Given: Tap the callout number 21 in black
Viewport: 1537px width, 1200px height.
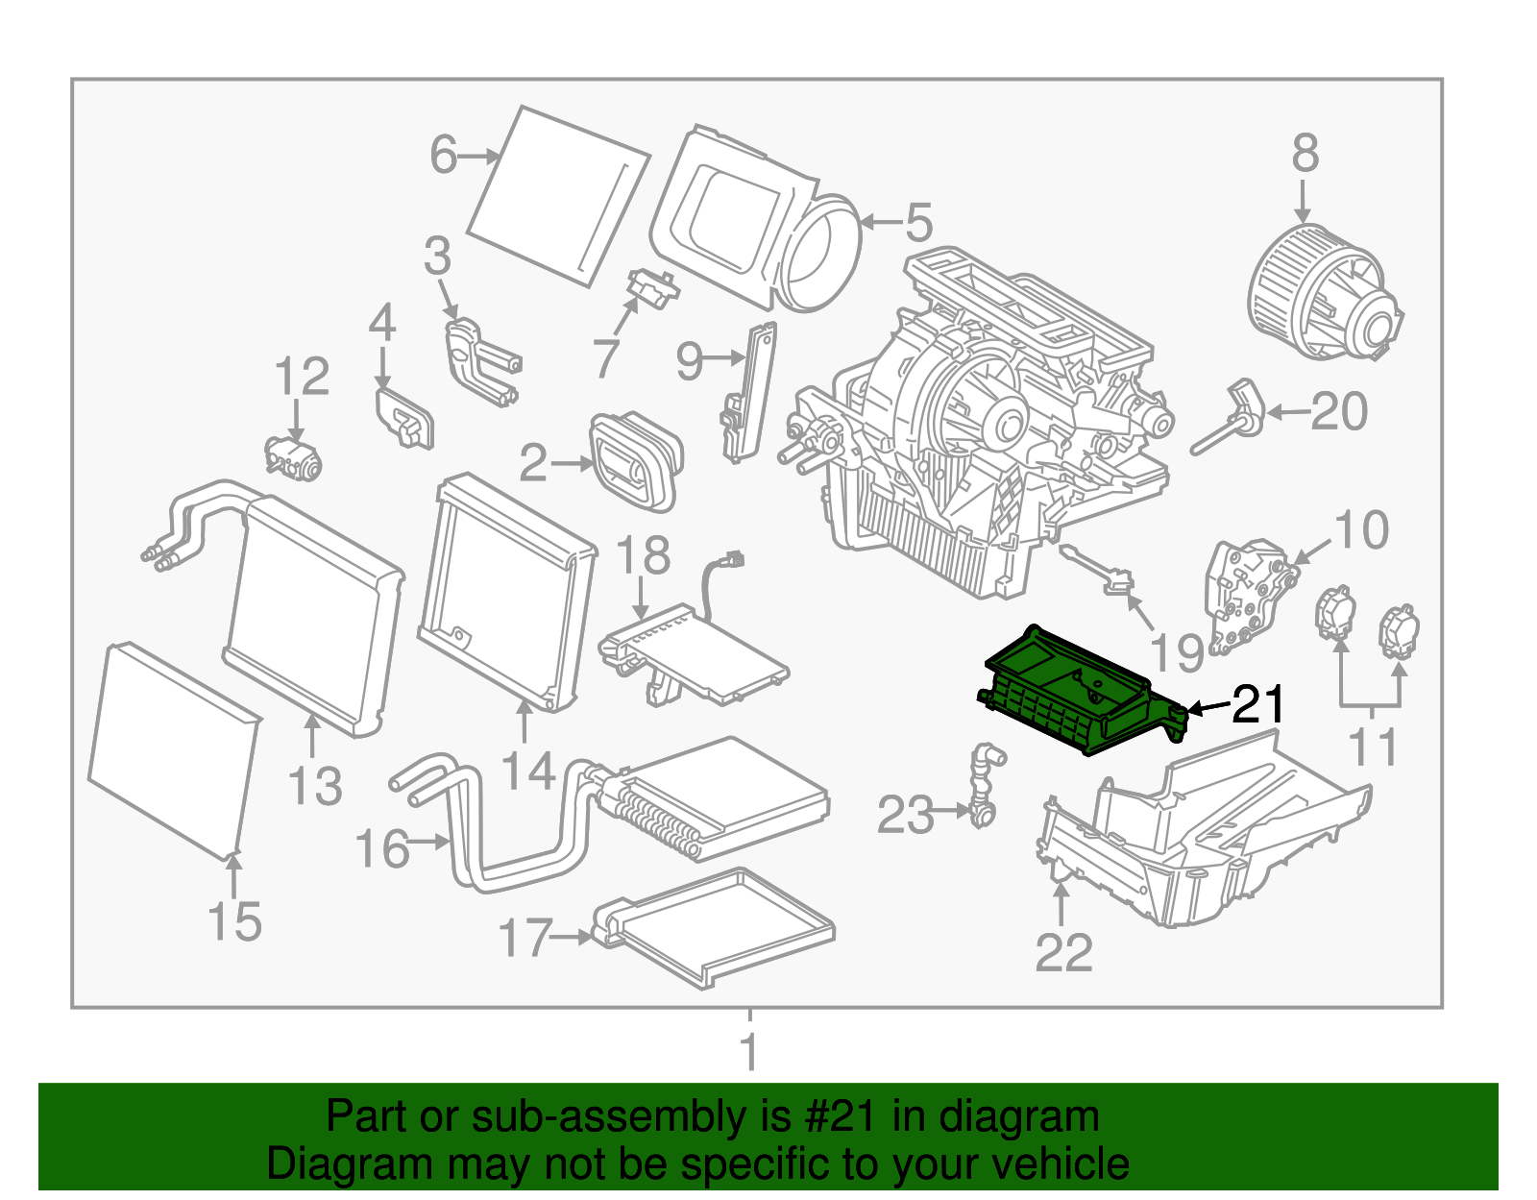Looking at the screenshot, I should pyautogui.click(x=1257, y=705).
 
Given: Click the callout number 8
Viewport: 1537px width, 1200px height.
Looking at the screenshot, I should pyautogui.click(x=1305, y=154).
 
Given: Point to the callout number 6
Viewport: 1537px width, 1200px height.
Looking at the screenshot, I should pyautogui.click(x=443, y=155).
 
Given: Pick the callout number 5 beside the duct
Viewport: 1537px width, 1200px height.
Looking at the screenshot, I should pyautogui.click(x=918, y=223).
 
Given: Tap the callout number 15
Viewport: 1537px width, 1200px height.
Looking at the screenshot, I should pyautogui.click(x=234, y=921).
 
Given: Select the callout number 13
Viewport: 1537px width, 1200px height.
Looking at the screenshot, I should pyautogui.click(x=315, y=786).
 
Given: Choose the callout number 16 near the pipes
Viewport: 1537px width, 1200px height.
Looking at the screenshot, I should pyautogui.click(x=381, y=849).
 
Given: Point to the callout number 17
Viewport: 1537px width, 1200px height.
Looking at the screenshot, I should pyautogui.click(x=525, y=938).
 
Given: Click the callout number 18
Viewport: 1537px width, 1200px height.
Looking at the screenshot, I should pyautogui.click(x=642, y=556).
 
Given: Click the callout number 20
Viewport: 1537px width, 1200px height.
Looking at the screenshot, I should pyautogui.click(x=1338, y=412).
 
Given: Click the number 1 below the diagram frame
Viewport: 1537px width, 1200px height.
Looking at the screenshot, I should pyautogui.click(x=749, y=1051).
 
